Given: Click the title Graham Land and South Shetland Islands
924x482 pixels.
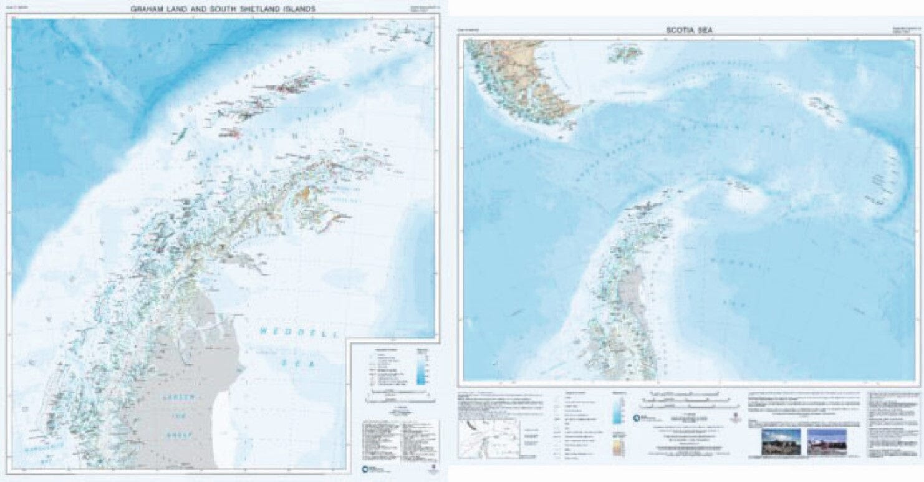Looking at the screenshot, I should [x=223, y=9].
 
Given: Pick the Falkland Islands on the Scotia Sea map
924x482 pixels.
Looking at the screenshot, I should [x=625, y=54].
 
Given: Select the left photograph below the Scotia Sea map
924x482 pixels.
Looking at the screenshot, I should [x=781, y=441].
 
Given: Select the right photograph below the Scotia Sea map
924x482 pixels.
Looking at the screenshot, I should [x=827, y=441].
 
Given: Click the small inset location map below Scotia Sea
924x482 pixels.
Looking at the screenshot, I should [x=488, y=438].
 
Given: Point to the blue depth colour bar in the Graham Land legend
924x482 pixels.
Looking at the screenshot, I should [x=422, y=368].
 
